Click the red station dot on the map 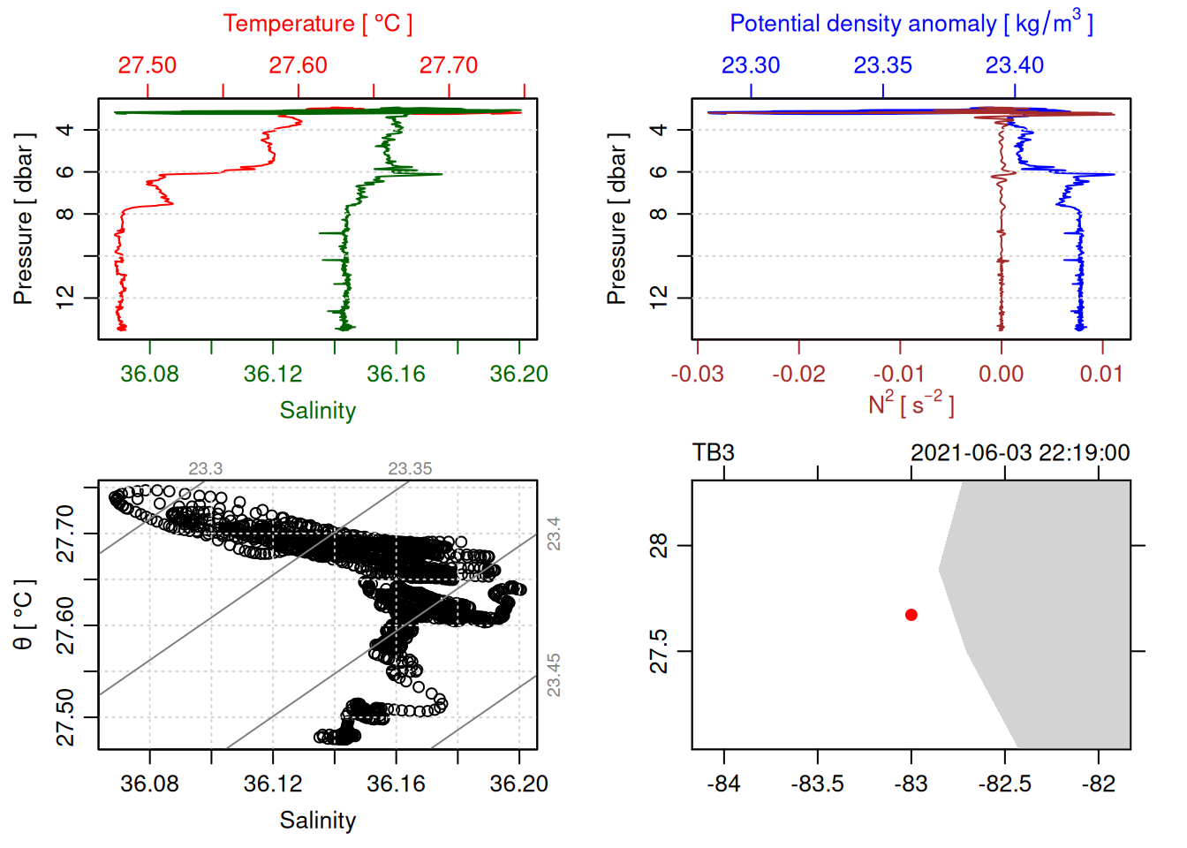911,615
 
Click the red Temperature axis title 317,24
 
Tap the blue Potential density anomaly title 911,23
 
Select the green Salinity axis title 317,411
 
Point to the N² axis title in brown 911,404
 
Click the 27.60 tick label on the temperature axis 298,65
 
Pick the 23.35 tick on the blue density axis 882,65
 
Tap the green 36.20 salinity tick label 518,375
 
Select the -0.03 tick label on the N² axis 697,375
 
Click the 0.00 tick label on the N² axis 1001,375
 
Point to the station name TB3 714,453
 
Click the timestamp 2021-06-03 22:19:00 1020,453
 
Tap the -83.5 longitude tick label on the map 817,784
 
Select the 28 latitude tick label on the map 660,546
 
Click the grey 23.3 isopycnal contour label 205,469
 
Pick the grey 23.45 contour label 554,675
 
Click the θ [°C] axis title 24,615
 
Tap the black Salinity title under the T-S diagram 317,821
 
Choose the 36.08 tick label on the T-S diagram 149,784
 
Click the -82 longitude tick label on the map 1098,784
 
